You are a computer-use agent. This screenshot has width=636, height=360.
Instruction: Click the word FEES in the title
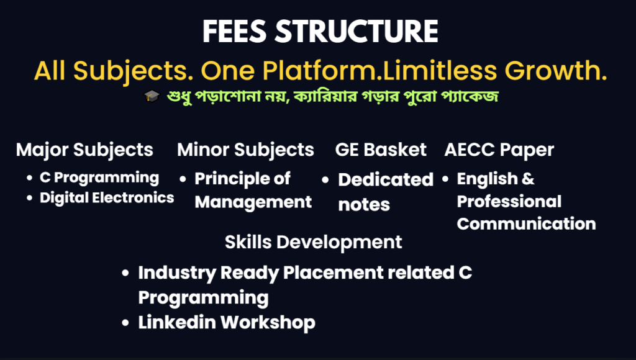pos(234,32)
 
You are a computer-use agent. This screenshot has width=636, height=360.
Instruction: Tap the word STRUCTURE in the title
pos(357,32)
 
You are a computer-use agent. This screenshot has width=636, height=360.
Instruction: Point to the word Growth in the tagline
pos(556,70)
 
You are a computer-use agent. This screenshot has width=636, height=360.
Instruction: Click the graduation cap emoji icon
pos(152,96)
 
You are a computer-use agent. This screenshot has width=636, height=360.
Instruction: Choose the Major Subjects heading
pos(84,150)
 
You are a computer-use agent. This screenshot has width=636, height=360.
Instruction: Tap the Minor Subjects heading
pos(245,150)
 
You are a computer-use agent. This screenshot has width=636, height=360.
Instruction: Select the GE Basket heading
pos(381,150)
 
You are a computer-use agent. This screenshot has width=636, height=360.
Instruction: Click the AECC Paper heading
pos(499,150)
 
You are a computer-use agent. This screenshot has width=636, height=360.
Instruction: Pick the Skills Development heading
pos(313,243)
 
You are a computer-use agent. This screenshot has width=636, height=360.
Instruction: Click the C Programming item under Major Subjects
pos(99,178)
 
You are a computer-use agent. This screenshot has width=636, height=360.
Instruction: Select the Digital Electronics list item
pos(107,198)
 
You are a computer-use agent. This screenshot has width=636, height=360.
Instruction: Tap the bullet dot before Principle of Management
pos(183,179)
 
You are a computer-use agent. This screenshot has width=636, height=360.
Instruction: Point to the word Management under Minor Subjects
pos(253,202)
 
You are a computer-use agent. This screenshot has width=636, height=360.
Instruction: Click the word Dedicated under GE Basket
pos(386,179)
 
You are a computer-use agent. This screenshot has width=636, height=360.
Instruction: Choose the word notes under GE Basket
pos(364,205)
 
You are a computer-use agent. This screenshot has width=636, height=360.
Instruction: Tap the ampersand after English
pos(528,179)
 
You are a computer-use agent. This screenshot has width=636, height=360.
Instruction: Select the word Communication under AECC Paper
pos(526,224)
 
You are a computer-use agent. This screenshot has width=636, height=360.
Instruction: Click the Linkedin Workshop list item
pos(227,323)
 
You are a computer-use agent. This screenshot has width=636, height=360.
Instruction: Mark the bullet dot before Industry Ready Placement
pos(125,273)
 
